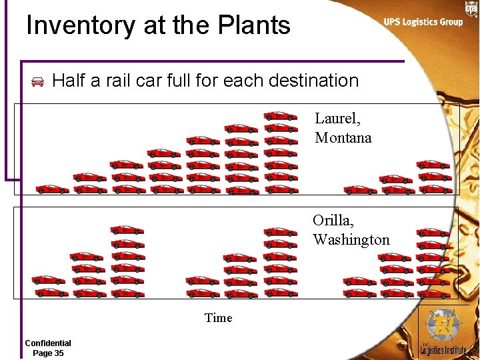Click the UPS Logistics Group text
coord(423,22)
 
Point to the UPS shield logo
coord(471,9)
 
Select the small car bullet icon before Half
coord(37,82)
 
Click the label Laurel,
coord(337,119)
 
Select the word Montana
coord(343,138)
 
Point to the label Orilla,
coord(333,221)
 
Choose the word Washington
coord(351,239)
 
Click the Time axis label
coord(219,318)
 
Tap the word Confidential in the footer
coord(48,343)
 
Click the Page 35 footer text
coord(48,353)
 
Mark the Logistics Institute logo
coord(443,333)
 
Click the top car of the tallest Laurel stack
coord(280,116)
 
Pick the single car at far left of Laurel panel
coord(52,189)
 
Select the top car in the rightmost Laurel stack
coord(433,164)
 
